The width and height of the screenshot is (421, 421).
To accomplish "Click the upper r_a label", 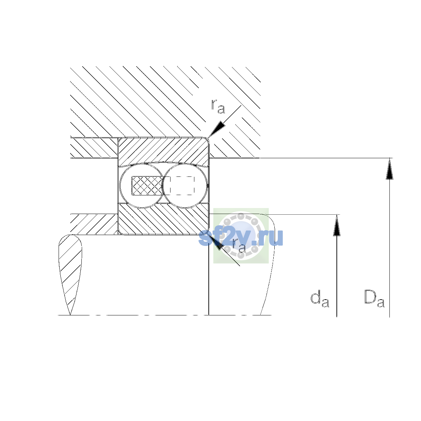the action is [x=218, y=107].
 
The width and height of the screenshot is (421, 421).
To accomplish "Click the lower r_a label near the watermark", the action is [x=239, y=246].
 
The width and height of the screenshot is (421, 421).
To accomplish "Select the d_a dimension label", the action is [x=320, y=299].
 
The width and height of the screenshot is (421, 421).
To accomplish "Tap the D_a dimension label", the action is [x=374, y=299].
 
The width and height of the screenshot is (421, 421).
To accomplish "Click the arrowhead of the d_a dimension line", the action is [x=337, y=225].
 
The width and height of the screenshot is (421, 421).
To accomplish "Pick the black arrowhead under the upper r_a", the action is [x=217, y=129].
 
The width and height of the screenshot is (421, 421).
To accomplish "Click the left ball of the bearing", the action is [x=142, y=186].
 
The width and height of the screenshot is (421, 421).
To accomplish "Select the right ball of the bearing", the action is [x=185, y=186].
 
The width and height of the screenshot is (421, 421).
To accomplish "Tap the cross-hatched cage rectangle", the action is [x=147, y=186].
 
